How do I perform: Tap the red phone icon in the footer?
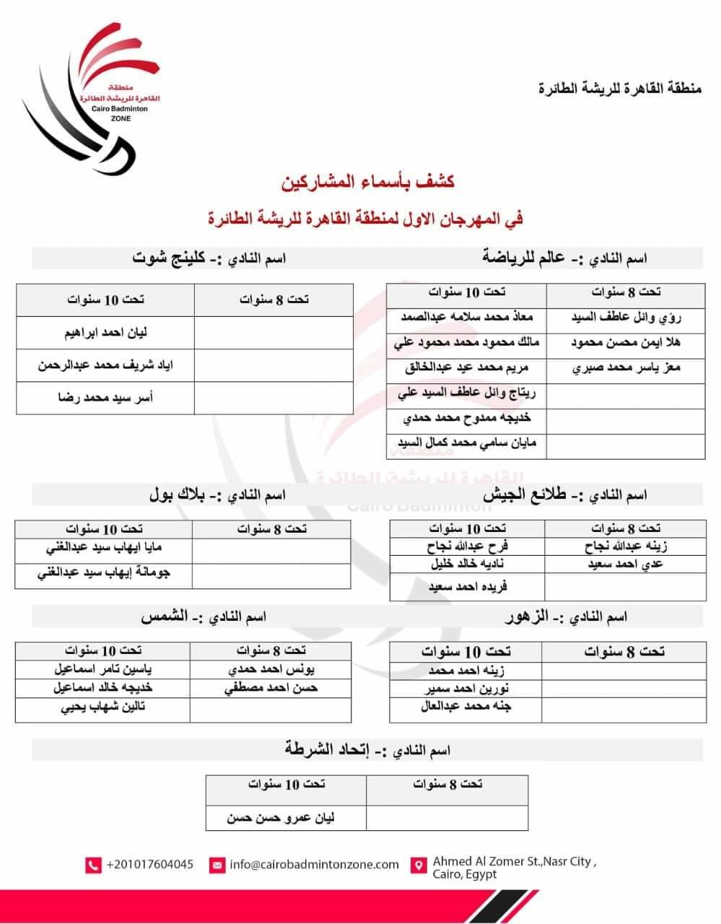point(93,865)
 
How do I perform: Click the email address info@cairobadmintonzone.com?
point(314,864)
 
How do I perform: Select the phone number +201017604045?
point(149,864)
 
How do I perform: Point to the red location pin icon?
point(417,865)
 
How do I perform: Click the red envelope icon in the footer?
point(217,865)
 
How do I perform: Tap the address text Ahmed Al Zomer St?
point(514,861)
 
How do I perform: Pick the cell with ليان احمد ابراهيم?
point(105,333)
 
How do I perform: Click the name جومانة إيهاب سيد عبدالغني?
point(104,574)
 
